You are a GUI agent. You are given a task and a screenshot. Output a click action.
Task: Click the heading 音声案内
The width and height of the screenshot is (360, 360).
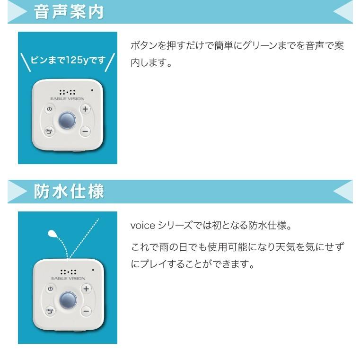[x=69, y=12]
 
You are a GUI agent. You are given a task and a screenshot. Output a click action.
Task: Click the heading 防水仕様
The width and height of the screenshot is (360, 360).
[x=69, y=192]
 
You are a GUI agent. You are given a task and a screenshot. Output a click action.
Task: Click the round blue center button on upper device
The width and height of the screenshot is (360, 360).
[x=67, y=120]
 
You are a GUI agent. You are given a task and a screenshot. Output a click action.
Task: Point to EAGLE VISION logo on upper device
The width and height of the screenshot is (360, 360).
[x=68, y=98]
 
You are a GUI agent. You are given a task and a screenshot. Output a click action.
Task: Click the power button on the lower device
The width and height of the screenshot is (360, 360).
[x=49, y=288]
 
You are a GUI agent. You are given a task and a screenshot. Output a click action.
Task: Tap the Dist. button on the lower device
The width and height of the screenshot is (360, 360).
[x=49, y=310]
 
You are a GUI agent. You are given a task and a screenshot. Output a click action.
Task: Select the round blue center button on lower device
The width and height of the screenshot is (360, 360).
[x=68, y=299]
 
